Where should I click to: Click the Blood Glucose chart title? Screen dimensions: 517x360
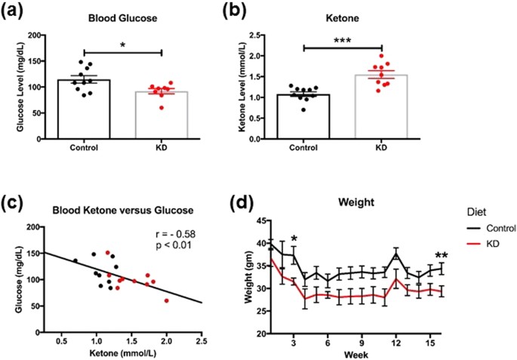[x=123, y=18]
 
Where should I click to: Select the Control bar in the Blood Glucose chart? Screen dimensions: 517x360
[x=84, y=109]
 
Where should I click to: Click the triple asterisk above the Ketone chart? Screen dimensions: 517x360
[x=342, y=42]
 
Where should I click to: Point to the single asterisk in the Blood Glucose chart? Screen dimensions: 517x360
[x=123, y=45]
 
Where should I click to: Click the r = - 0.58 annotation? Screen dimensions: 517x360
[x=175, y=235]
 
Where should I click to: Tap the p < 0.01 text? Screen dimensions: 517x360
[x=173, y=245]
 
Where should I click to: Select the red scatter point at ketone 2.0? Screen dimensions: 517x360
[x=167, y=300]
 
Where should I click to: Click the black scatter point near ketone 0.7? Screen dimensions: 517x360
[x=75, y=261]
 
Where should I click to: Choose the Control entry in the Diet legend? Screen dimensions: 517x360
[x=492, y=228]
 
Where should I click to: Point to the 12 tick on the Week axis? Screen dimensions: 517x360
[x=396, y=343]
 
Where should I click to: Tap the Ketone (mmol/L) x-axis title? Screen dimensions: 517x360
[x=122, y=353]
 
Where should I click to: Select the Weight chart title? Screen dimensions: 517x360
[x=356, y=202]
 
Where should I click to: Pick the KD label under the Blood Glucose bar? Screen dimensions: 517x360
[x=161, y=147]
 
